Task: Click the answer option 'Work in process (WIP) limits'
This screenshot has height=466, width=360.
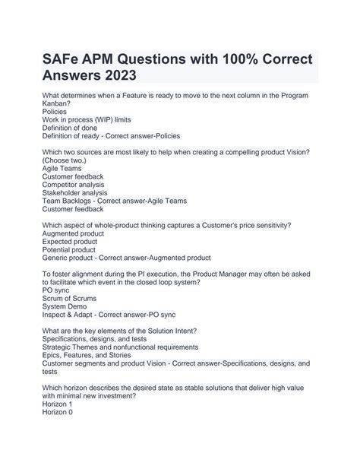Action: tap(87, 119)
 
